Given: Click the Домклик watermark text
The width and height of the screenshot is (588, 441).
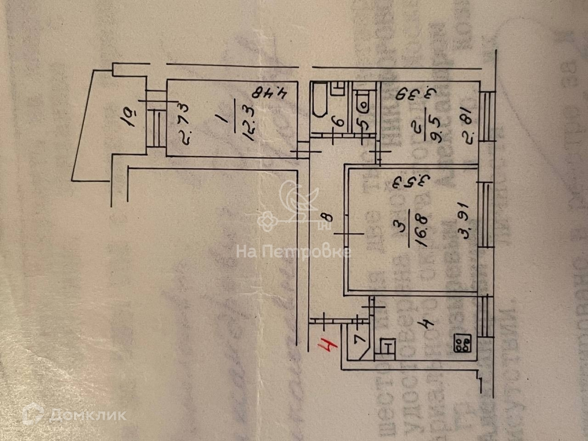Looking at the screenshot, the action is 87,415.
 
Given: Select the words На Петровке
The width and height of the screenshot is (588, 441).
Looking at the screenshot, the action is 294,252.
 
